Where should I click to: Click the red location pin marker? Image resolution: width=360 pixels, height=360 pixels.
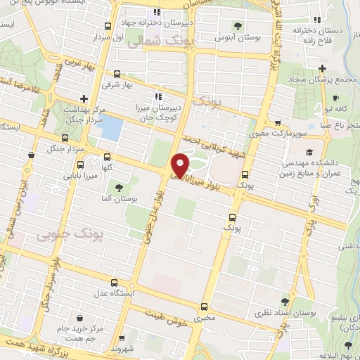coord(181,165)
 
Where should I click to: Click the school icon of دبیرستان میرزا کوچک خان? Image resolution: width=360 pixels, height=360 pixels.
coord(159,96)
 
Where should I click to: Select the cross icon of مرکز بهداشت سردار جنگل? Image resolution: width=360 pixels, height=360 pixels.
coord(84,98)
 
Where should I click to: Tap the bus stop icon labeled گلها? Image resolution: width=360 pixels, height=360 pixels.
coord(107,157)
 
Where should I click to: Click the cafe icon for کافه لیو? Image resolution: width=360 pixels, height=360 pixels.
coord(336,98)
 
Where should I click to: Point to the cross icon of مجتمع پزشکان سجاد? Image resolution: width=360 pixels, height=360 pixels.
coord(322,68)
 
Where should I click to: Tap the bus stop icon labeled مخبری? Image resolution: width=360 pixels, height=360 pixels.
coord(204,306)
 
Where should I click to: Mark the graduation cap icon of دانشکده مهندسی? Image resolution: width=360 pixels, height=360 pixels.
coord(309,152)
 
